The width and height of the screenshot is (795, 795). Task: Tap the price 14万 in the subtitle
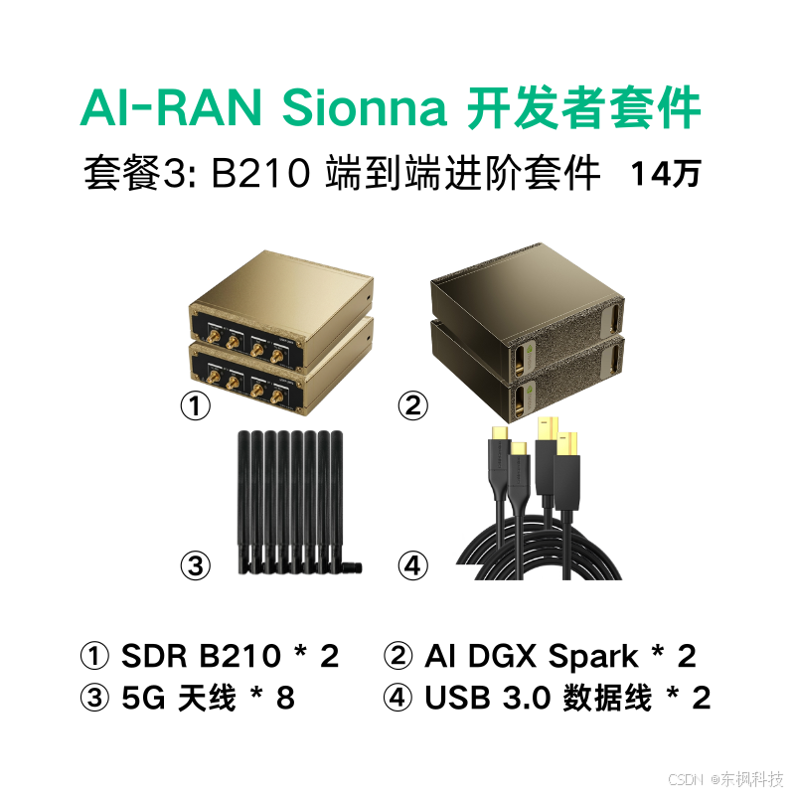(665, 174)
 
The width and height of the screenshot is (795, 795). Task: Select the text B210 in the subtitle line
(261, 174)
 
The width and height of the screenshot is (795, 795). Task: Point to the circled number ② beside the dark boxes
(412, 405)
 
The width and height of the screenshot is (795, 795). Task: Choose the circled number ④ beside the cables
(412, 566)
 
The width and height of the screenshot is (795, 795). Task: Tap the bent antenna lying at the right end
(347, 567)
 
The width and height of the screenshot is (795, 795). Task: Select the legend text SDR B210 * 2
(230, 657)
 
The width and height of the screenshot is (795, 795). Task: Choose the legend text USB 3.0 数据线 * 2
(566, 698)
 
